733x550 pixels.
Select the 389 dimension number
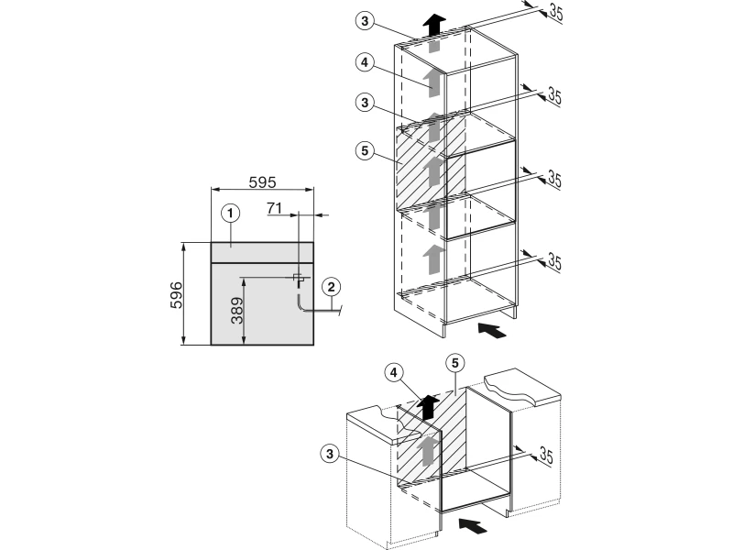tap(235, 312)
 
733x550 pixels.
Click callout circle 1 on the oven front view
tap(231, 213)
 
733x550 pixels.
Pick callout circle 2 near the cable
tap(331, 287)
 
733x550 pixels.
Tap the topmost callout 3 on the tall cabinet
tap(366, 20)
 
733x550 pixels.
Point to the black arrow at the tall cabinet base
tap(492, 331)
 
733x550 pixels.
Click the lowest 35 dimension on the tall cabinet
tap(553, 263)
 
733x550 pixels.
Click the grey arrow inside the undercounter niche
tap(427, 451)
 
